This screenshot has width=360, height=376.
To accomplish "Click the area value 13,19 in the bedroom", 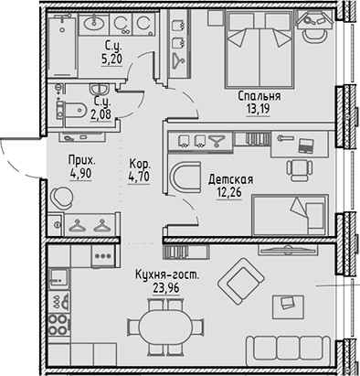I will click(259, 112).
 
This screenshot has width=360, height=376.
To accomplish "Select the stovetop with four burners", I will click(58, 322).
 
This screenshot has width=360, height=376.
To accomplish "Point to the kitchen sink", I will click(57, 275).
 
